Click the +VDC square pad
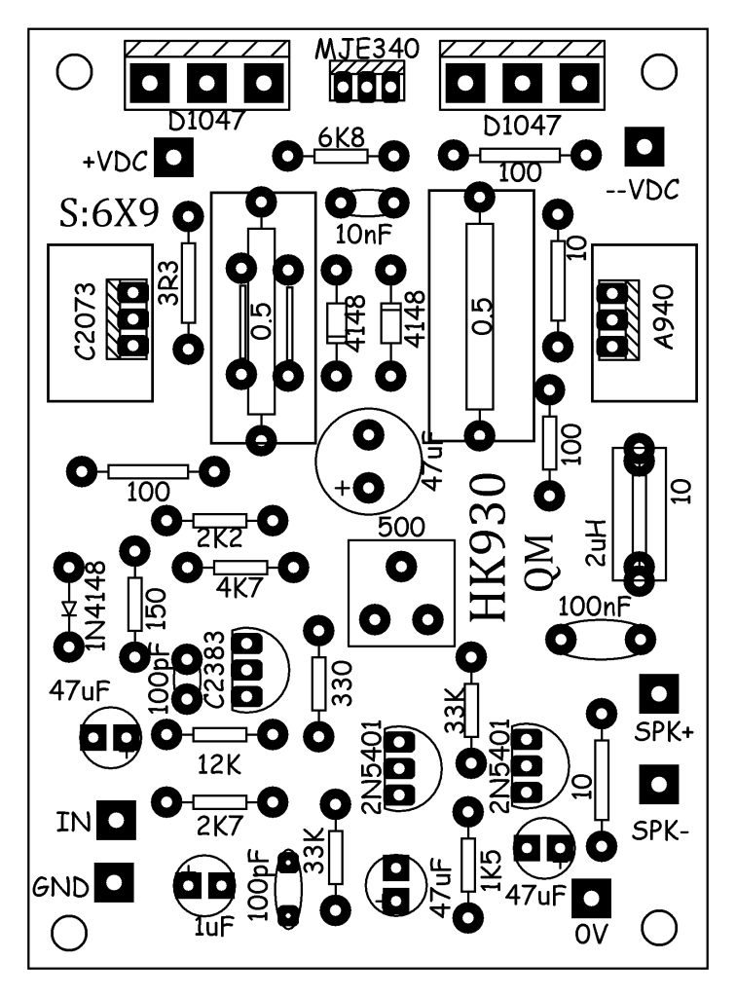(x=173, y=157)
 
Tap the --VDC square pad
(x=644, y=147)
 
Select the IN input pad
(x=116, y=820)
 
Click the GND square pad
(x=115, y=882)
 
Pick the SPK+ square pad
(x=659, y=693)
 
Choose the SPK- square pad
(x=659, y=784)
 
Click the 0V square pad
(x=591, y=899)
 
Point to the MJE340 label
(x=367, y=49)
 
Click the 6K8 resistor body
(x=341, y=156)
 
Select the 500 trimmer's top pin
(x=402, y=566)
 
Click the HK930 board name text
(x=490, y=548)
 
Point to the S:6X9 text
(x=109, y=215)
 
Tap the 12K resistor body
(x=220, y=735)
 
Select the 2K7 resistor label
(x=220, y=826)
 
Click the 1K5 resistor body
(x=468, y=865)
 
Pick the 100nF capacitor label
(x=595, y=608)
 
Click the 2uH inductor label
(x=599, y=543)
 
